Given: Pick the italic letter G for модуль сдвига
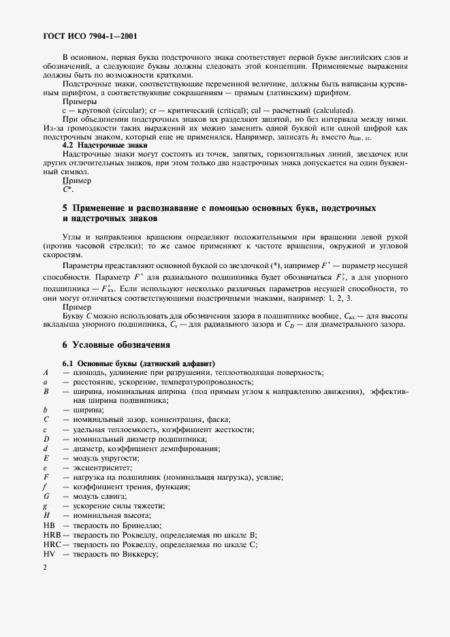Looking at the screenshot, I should click(x=45, y=497).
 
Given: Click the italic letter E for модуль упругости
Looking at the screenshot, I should click(x=45, y=459).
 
